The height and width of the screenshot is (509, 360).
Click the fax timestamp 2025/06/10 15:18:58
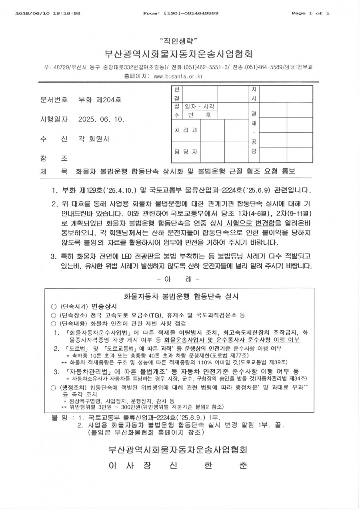coord(48,13)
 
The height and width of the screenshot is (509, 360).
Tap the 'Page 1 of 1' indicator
coord(310,13)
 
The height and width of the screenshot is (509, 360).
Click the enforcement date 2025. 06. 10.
coord(102,120)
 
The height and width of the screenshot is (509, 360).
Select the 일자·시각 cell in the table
coord(198,107)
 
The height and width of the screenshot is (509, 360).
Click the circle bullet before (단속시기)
coord(54,307)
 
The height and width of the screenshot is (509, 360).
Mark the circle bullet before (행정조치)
coord(54,387)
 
